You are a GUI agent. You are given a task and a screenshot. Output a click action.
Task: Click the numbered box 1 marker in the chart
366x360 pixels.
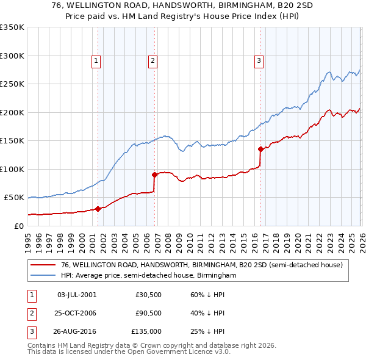(x=96, y=60)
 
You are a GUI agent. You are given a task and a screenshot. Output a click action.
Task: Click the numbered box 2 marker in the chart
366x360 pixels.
(x=152, y=60)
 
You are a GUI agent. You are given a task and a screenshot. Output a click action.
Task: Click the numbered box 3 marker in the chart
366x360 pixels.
(x=259, y=60)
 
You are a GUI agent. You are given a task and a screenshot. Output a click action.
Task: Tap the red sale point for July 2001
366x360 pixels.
(x=98, y=209)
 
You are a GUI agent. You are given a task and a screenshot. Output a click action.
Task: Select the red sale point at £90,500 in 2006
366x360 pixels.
(x=155, y=175)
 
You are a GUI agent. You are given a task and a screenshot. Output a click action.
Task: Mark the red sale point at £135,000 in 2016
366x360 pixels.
(x=261, y=149)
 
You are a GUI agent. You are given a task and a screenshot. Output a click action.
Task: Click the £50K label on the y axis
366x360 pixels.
(x=13, y=198)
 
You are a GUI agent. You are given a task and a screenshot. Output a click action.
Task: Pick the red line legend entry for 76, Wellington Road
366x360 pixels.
(x=202, y=265)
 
